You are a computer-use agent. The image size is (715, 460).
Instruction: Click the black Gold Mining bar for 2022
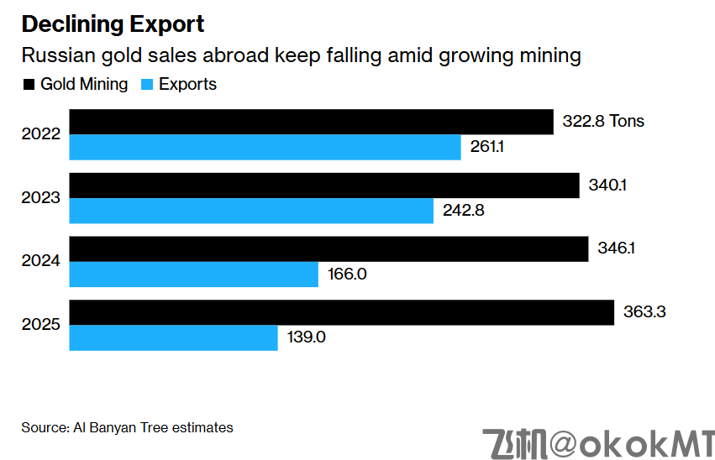(311, 122)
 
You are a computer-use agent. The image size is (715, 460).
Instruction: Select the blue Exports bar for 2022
(265, 147)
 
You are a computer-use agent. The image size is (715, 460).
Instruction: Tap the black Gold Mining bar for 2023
(324, 186)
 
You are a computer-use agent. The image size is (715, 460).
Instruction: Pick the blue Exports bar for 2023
(251, 211)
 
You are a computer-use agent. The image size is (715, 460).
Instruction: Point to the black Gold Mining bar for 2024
(329, 249)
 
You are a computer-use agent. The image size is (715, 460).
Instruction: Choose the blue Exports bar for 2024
(193, 274)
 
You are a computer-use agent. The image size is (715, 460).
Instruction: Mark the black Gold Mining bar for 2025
(341, 313)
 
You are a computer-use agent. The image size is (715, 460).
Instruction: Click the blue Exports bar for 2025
(173, 338)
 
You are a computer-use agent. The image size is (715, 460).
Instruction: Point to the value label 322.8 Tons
(603, 122)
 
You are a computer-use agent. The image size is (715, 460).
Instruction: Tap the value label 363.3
(644, 313)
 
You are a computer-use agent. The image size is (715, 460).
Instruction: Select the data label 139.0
(307, 338)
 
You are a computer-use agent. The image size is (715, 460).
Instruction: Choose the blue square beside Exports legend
(147, 85)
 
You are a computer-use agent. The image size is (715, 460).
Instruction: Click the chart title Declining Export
(113, 24)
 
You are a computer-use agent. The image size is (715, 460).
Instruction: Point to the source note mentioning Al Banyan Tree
(127, 427)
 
